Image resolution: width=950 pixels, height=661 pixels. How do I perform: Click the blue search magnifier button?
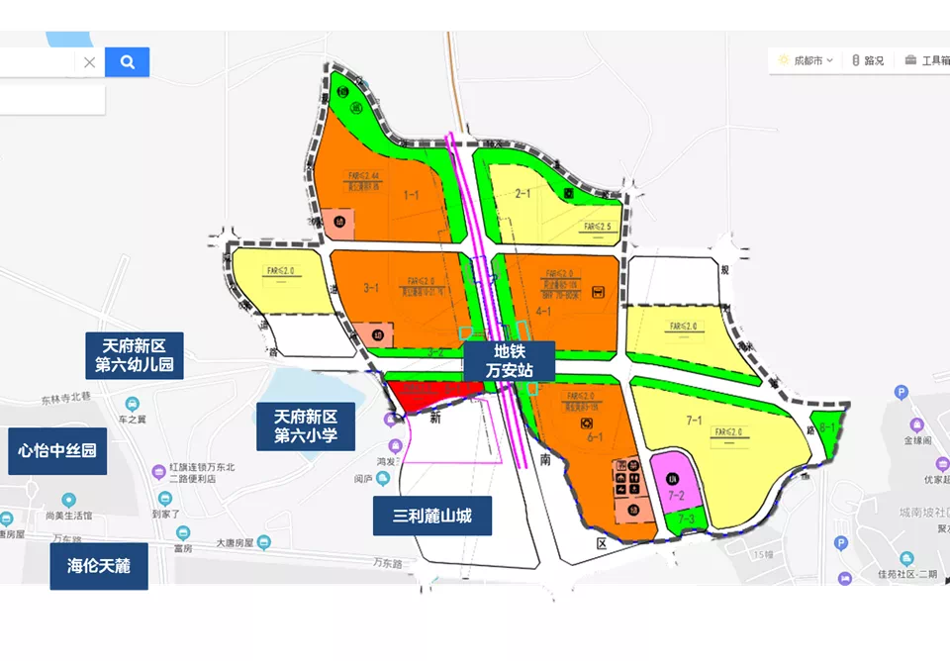coord(127,62)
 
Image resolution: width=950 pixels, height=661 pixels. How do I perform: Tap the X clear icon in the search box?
coord(89,62)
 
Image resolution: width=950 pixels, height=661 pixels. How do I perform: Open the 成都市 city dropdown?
coord(806,60)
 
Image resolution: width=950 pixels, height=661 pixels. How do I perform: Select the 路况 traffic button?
coord(868,60)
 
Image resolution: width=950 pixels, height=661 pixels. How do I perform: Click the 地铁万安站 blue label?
coord(509,361)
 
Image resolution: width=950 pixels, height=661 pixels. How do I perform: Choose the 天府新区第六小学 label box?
coord(306,426)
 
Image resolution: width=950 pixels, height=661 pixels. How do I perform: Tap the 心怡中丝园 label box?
coord(57,451)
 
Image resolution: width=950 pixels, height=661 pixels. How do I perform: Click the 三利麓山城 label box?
coord(431,516)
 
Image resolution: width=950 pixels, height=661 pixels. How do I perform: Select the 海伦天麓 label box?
coord(99,566)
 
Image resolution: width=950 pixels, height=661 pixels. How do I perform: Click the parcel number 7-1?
coord(692,423)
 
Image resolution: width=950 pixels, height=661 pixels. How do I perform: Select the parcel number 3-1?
coord(372,288)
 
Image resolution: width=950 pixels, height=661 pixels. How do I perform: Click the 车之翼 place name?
coord(134,419)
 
